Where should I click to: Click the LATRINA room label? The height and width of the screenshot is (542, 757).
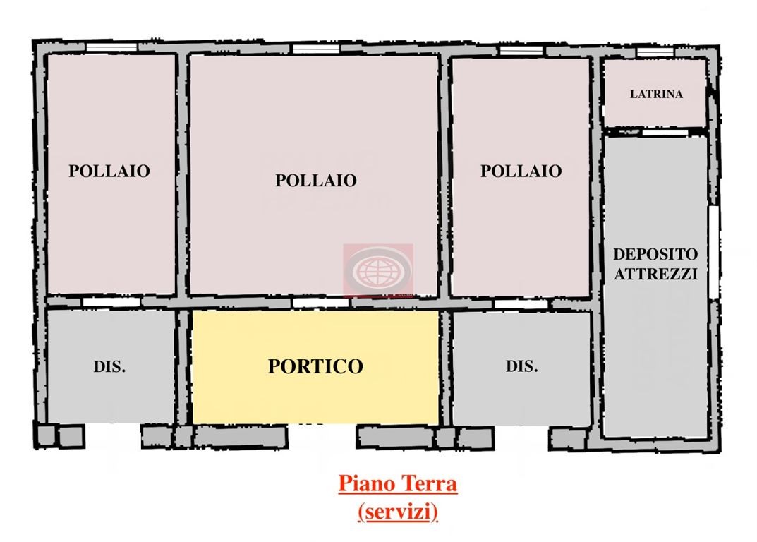pyautogui.click(x=656, y=94)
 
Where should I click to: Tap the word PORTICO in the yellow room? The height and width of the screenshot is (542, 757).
pyautogui.click(x=315, y=366)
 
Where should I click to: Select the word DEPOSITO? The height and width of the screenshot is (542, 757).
pyautogui.click(x=655, y=254)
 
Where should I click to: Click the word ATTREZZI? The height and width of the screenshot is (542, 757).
pyautogui.click(x=655, y=274)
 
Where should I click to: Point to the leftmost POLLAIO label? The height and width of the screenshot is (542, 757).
pyautogui.click(x=109, y=171)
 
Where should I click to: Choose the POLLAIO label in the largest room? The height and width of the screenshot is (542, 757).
pyautogui.click(x=315, y=180)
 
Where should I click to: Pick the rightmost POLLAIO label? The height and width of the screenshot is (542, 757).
pyautogui.click(x=521, y=171)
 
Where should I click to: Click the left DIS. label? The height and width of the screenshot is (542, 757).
pyautogui.click(x=109, y=367)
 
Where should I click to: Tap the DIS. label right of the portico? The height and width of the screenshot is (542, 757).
pyautogui.click(x=521, y=367)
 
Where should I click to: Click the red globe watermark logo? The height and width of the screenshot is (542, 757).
pyautogui.click(x=378, y=270)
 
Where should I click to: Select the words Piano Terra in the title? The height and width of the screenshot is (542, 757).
pyautogui.click(x=398, y=484)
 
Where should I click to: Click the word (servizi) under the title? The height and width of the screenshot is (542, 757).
pyautogui.click(x=398, y=512)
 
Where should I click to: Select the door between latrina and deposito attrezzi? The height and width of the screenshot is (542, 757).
pyautogui.click(x=655, y=132)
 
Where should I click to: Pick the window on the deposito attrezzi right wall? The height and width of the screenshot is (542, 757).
pyautogui.click(x=713, y=252)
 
